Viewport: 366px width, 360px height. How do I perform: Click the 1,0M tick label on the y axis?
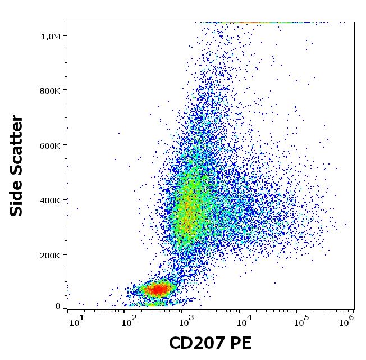click(x=50, y=37)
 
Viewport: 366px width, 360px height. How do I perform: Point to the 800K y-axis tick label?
click(x=49, y=91)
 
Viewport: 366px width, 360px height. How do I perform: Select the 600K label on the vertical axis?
click(x=49, y=145)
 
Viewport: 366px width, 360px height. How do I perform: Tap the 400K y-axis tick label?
click(x=49, y=200)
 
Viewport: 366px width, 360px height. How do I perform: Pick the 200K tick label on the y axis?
click(x=49, y=255)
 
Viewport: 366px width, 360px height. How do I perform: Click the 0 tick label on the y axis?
click(x=58, y=307)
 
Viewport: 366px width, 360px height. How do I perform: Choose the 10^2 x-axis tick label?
click(x=131, y=320)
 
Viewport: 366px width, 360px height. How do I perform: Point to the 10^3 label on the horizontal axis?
click(x=185, y=320)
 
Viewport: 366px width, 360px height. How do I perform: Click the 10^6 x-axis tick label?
click(x=346, y=320)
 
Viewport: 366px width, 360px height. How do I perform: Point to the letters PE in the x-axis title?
click(x=241, y=343)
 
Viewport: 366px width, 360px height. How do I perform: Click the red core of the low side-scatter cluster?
click(x=159, y=290)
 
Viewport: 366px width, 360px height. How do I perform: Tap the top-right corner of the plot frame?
click(x=354, y=22)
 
